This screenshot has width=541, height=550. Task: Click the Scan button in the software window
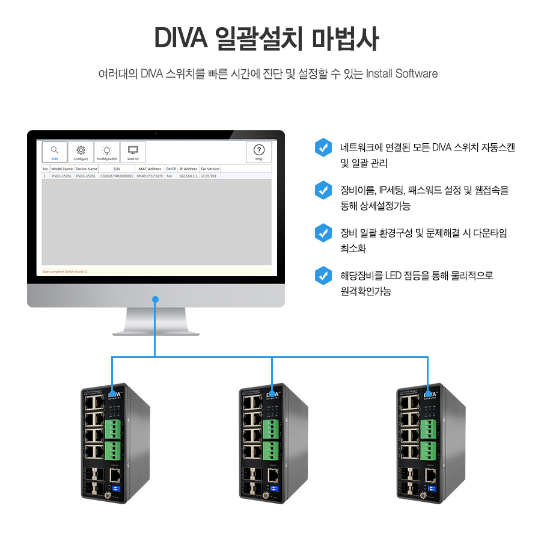(54, 152)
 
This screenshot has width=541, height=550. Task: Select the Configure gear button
(81, 152)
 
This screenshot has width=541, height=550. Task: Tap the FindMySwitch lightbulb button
(106, 152)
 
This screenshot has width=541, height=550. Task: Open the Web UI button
(133, 152)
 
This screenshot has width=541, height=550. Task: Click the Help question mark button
(258, 152)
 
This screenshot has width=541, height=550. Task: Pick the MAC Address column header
(150, 169)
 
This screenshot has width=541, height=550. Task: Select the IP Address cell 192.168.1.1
(188, 176)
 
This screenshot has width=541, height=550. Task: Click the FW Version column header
(210, 169)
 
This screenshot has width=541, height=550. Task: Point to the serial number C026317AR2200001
(117, 176)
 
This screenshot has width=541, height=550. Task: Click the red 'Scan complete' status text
(65, 271)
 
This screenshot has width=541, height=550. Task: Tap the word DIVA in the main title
(181, 39)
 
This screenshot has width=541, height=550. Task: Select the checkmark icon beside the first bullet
(323, 147)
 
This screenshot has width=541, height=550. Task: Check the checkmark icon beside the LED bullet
(323, 276)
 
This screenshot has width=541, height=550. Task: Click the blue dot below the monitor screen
(155, 299)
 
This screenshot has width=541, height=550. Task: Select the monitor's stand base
(156, 330)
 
